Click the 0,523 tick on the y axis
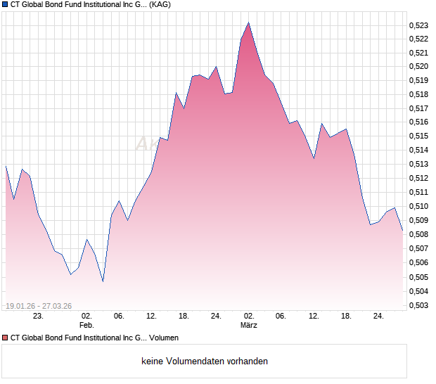(x=418, y=25)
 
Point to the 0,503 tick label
(x=418, y=305)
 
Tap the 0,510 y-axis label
(x=418, y=206)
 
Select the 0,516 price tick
(x=418, y=122)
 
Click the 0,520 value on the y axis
(x=418, y=66)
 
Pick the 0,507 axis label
(x=418, y=248)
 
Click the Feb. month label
(x=86, y=326)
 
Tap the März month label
(x=249, y=326)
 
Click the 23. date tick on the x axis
(x=38, y=316)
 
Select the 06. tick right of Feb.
(x=119, y=316)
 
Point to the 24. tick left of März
(x=216, y=316)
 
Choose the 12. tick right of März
(x=314, y=316)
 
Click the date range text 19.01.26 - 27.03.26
(x=41, y=305)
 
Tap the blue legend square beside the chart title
(x=5, y=4)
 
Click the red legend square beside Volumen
(x=5, y=338)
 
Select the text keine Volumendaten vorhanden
(x=205, y=361)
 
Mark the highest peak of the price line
(x=248, y=23)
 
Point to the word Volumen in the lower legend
(x=163, y=338)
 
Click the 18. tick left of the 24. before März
(x=184, y=316)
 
